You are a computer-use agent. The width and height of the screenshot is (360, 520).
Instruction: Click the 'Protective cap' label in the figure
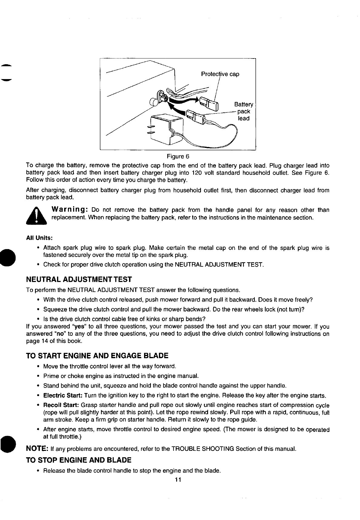coord(220,74)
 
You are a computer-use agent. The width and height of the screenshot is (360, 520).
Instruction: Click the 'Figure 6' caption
coord(178,157)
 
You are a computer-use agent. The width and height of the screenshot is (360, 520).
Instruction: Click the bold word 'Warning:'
coord(70,210)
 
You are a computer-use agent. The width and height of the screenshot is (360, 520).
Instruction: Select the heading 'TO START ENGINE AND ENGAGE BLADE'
coord(97,355)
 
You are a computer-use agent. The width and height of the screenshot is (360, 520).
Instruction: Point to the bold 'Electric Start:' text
coord(63,396)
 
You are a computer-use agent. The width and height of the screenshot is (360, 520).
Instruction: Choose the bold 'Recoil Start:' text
coord(62,405)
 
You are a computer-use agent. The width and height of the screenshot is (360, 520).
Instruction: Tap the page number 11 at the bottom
coord(178,480)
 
